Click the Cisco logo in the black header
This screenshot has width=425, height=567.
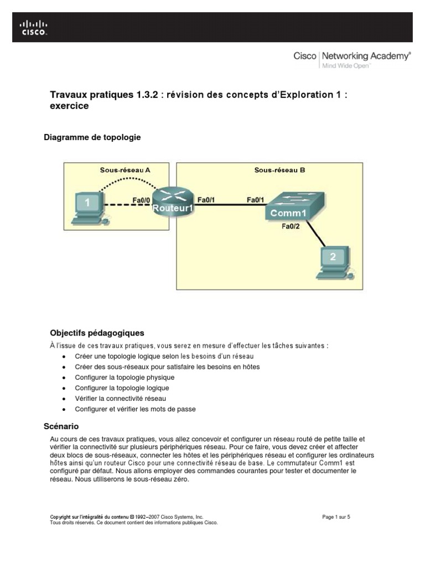pos(34,28)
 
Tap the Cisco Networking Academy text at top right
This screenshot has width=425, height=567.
pos(351,56)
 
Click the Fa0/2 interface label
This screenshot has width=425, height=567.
pos(291,226)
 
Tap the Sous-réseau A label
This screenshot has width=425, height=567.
pos(125,171)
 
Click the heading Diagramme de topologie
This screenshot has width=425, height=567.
pos(92,137)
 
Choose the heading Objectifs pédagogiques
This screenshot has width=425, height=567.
pos(97,333)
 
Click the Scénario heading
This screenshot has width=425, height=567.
pos(61,426)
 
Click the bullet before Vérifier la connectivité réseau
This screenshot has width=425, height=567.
pos(65,399)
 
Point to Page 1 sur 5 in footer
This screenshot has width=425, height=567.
pos(336,517)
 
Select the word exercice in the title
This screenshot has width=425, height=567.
pos(69,106)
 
